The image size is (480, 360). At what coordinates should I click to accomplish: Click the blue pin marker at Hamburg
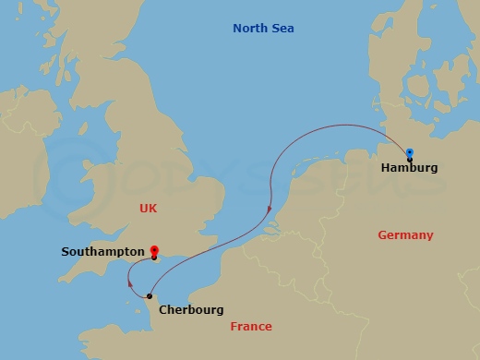tap(409, 153)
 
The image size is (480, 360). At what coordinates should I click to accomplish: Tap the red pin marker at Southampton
tap(154, 249)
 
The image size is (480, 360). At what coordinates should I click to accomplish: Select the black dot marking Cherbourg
tap(150, 296)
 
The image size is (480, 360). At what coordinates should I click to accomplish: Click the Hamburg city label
tap(409, 169)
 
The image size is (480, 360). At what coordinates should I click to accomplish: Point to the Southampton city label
tap(102, 251)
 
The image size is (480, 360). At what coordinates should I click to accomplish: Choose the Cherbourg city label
tap(191, 310)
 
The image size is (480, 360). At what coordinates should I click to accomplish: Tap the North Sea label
tap(263, 29)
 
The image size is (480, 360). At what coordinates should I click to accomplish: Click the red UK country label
tap(149, 209)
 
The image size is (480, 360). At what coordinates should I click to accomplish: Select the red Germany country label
tap(405, 235)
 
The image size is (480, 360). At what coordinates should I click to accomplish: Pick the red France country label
tap(251, 327)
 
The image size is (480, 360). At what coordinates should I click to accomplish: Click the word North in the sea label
tap(249, 29)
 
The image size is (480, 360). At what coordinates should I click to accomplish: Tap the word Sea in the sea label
tap(282, 29)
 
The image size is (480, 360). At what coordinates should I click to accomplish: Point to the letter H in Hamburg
tap(385, 169)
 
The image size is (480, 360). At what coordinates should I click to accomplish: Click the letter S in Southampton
tap(66, 251)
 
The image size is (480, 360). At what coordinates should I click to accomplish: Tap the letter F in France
tap(234, 327)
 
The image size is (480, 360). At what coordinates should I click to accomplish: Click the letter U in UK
tap(144, 209)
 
